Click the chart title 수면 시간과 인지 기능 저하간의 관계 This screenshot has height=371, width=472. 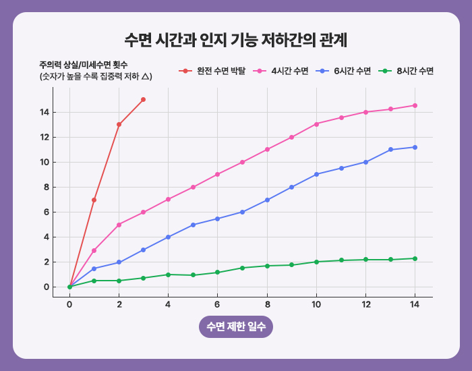coord(236,38)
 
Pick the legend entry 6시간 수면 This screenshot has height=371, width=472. coord(353,71)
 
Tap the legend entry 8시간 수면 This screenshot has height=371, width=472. coord(415,71)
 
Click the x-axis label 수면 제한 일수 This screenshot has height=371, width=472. coord(236,326)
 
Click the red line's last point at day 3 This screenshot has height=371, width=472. coord(144,100)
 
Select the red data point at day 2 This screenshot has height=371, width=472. coord(119,124)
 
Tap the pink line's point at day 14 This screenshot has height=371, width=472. coord(415,105)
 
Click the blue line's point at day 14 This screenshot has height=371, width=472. coord(415,147)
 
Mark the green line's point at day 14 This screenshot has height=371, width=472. coord(415,258)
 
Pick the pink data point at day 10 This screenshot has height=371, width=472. coord(316,124)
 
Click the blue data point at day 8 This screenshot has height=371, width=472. coord(267,200)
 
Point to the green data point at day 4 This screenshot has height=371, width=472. coord(168,275)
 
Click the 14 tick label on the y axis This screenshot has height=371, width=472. coord(44,112)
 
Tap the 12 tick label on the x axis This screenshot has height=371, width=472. coord(365,305)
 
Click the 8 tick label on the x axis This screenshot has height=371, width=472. coord(267,305)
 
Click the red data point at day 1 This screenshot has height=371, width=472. coord(94,200)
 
